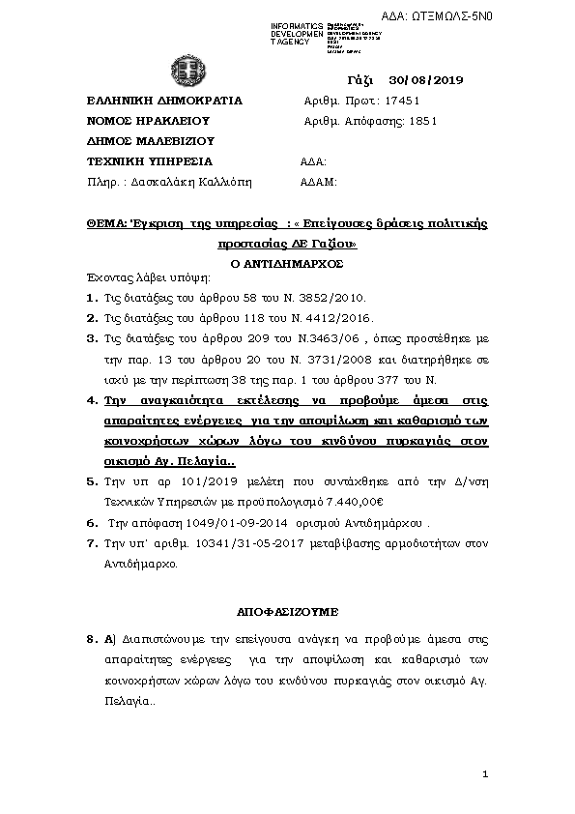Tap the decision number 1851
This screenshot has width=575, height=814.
point(424,121)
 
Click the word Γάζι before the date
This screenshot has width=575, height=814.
point(359,79)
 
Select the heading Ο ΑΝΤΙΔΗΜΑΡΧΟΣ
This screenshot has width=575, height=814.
point(287,262)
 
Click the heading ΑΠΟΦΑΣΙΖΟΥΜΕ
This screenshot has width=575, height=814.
point(286,612)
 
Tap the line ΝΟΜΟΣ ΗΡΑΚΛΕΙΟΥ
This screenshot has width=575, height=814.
point(148,121)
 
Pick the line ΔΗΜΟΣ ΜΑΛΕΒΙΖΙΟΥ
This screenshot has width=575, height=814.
point(150,141)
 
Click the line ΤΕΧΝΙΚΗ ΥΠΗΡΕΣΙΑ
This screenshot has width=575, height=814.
point(149,161)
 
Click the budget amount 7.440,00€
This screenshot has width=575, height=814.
point(356,502)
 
